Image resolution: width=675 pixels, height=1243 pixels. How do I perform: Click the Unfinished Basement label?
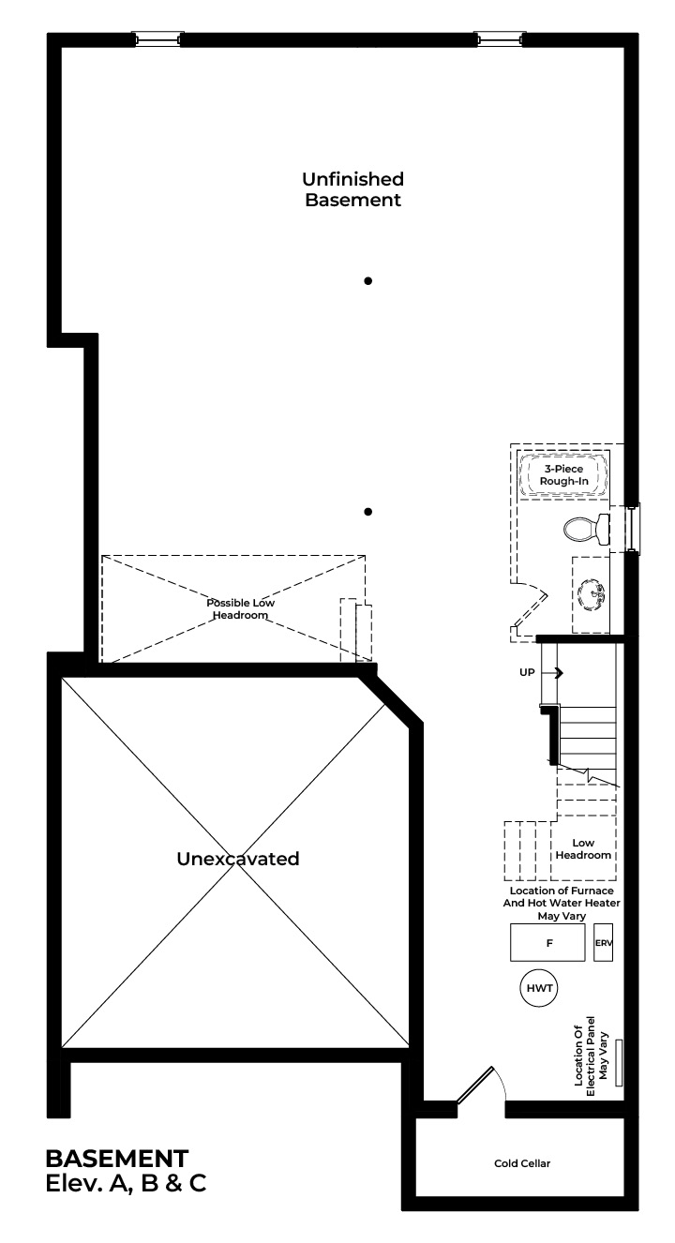pyautogui.click(x=353, y=189)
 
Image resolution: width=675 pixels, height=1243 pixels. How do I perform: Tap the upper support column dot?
pyautogui.click(x=367, y=281)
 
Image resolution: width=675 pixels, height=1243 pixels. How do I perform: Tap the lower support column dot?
pyautogui.click(x=367, y=512)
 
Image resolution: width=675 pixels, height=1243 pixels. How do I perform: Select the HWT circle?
pyautogui.click(x=539, y=988)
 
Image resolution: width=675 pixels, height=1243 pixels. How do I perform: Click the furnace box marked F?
pyautogui.click(x=547, y=942)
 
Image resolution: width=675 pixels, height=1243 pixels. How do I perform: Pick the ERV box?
pyautogui.click(x=604, y=942)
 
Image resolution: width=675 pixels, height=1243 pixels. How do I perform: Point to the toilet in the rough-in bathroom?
pyautogui.click(x=586, y=529)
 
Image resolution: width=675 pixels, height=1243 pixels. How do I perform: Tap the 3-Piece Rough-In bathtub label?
pyautogui.click(x=564, y=475)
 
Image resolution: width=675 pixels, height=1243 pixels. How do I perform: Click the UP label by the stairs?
pyautogui.click(x=527, y=672)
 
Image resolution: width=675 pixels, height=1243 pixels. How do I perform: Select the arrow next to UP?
pyautogui.click(x=552, y=672)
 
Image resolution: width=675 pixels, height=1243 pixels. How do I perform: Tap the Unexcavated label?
pyautogui.click(x=237, y=859)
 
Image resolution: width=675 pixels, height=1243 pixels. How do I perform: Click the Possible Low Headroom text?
pyautogui.click(x=240, y=608)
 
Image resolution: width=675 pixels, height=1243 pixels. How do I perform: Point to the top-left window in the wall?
pyautogui.click(x=157, y=38)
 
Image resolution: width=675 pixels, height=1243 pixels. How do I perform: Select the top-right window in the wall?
pyautogui.click(x=500, y=38)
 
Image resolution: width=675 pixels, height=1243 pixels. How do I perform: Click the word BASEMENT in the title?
pyautogui.click(x=117, y=1158)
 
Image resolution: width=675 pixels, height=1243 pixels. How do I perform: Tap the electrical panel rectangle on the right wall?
pyautogui.click(x=619, y=1062)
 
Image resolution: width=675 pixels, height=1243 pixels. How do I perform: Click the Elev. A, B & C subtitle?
pyautogui.click(x=126, y=1183)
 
